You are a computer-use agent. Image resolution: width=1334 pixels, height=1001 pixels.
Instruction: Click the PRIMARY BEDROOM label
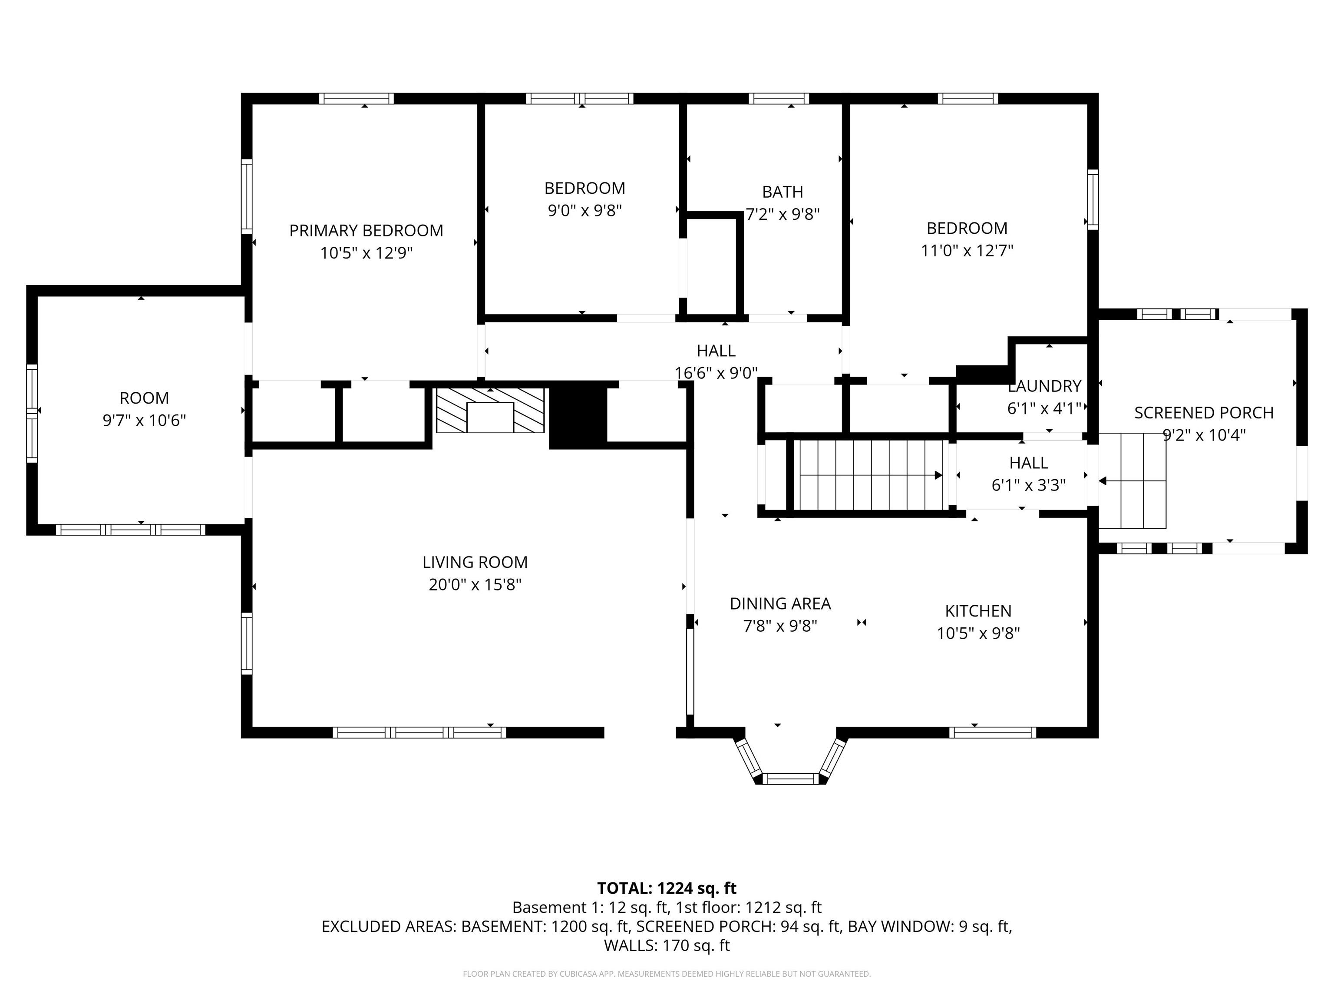(x=366, y=231)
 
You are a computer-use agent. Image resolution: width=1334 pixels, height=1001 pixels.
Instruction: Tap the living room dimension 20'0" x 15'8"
(x=475, y=585)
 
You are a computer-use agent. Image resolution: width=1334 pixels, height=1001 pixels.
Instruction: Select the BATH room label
(x=783, y=192)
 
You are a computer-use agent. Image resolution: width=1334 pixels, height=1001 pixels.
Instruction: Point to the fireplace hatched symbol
(x=490, y=410)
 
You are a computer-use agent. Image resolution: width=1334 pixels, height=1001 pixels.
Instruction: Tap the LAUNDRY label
(x=1044, y=386)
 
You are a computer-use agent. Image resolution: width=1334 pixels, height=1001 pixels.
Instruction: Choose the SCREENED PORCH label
(x=1204, y=413)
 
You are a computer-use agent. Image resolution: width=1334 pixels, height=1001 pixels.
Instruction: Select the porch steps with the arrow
(x=1132, y=481)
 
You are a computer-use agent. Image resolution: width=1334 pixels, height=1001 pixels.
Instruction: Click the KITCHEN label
(x=978, y=611)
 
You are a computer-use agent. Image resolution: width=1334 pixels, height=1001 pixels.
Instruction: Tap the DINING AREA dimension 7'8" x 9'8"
(x=780, y=626)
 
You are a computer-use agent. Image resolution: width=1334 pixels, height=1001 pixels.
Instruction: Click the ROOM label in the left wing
(x=144, y=398)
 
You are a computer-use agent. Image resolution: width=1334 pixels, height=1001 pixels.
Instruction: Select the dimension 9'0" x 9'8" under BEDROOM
(x=584, y=211)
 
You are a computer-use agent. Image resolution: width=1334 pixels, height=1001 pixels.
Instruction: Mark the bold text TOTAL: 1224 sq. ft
(x=667, y=888)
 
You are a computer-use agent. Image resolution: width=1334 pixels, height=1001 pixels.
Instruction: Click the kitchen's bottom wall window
(x=993, y=733)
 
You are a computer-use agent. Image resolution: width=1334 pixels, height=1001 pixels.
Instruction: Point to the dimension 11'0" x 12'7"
(x=967, y=250)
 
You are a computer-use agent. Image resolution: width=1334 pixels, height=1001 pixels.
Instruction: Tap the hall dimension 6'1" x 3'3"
(x=1029, y=485)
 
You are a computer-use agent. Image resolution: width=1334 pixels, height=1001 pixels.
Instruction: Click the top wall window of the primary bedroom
(x=357, y=98)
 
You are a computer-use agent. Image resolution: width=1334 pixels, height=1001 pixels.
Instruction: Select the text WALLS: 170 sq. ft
(x=667, y=945)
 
